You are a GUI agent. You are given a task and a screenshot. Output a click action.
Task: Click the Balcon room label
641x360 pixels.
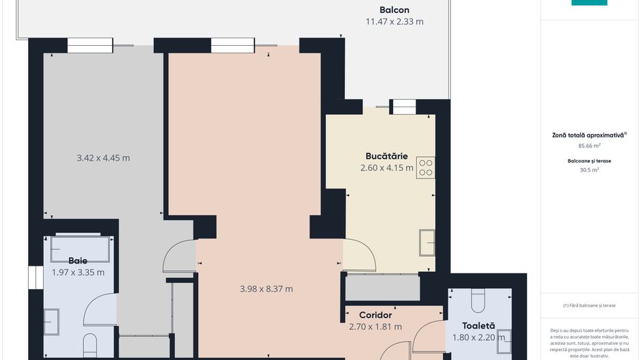pos(394,10)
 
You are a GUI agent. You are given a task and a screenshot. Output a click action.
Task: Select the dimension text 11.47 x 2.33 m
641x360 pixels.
pos(394,21)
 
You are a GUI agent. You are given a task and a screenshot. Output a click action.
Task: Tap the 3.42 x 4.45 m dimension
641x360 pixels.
pos(103,158)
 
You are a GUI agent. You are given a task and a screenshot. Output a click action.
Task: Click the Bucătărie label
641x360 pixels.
pos(386,156)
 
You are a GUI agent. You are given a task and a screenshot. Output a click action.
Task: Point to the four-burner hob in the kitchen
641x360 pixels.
pos(425,167)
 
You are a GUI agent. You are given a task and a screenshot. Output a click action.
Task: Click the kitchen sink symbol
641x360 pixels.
pos(427,242)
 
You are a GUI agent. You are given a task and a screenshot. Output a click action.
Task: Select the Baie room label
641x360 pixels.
pos(78,260)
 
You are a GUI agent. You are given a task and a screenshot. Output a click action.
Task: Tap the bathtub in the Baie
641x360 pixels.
pos(79,249)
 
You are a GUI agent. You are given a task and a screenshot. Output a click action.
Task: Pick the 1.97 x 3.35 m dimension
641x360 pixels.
pos(78,272)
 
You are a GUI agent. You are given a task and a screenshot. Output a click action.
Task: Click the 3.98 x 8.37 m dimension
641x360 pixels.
pos(267,289)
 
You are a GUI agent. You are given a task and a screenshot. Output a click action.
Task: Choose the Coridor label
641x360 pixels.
pos(375,315)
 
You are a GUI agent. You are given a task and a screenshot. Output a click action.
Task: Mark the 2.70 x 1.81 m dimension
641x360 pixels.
pos(375,327)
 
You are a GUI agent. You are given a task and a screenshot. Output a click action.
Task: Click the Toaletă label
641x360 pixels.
pos(478,326)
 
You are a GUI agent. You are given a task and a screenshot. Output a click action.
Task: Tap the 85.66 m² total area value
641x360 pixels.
pos(588,146)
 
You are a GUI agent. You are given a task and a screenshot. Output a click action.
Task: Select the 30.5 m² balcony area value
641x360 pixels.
pos(588,170)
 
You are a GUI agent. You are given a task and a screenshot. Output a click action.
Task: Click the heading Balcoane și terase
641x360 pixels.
pos(588,161)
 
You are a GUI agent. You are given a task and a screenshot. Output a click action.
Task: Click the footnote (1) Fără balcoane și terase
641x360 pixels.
pos(588,305)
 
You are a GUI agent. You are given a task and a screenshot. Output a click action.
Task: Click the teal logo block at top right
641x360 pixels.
pos(588,3)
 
